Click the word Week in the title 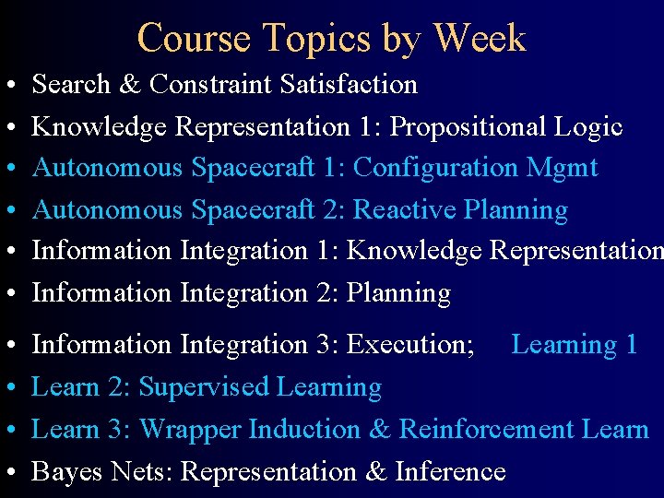[479, 39]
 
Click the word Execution [410, 345]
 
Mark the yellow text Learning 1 [575, 345]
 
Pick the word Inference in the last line [449, 472]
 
